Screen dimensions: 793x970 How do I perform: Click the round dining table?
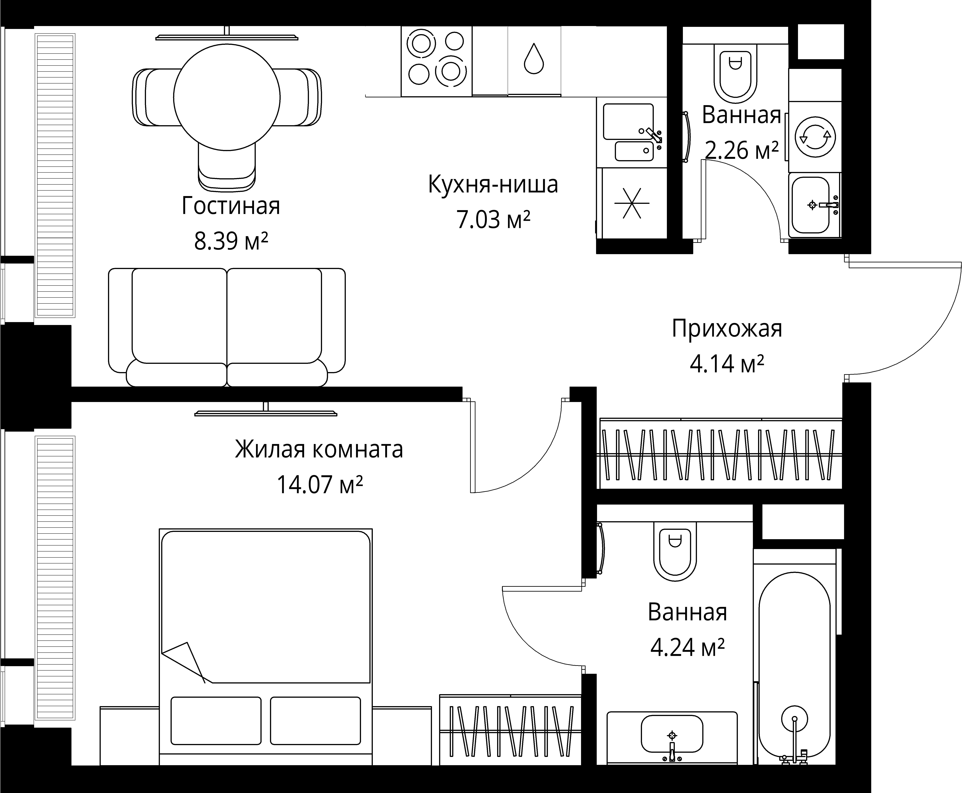tap(227, 97)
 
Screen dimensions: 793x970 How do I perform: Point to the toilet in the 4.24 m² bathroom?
tap(675, 551)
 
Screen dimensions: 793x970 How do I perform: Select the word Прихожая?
tap(727, 329)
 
